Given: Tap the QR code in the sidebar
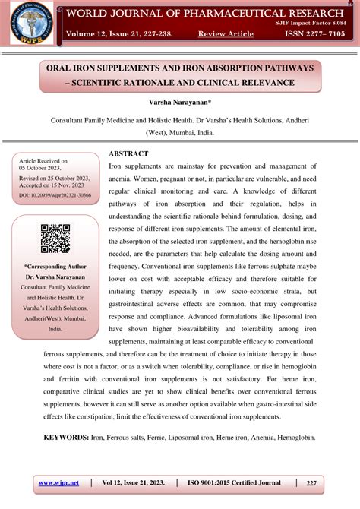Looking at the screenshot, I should click(x=55, y=239).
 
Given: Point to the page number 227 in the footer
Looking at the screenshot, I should click(x=311, y=483).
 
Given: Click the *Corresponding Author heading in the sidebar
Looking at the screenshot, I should click(x=55, y=267).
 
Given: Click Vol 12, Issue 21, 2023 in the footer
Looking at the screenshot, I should click(x=133, y=483).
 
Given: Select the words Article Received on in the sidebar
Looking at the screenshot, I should click(x=43, y=161).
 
